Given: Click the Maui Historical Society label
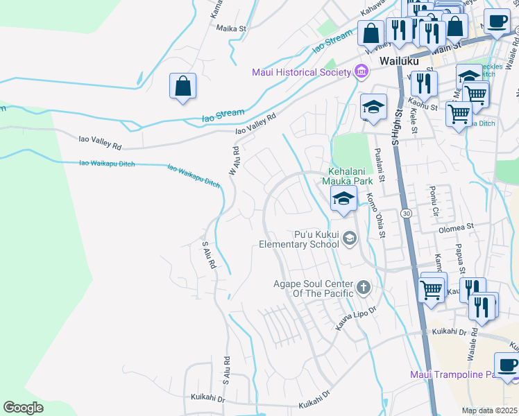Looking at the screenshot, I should pyautogui.click(x=301, y=72).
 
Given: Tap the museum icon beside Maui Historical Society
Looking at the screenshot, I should pyautogui.click(x=360, y=71).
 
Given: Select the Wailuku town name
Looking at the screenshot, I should pyautogui.click(x=399, y=61).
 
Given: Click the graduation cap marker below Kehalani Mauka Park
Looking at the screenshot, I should pyautogui.click(x=343, y=199).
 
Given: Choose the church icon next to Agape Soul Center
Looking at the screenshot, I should pyautogui.click(x=362, y=287).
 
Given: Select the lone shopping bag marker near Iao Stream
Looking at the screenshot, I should pyautogui.click(x=182, y=87).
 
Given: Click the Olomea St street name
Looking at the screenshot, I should pyautogui.click(x=455, y=226).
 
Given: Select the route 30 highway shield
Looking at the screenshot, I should pyautogui.click(x=407, y=214).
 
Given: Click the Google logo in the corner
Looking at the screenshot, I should pyautogui.click(x=24, y=408).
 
